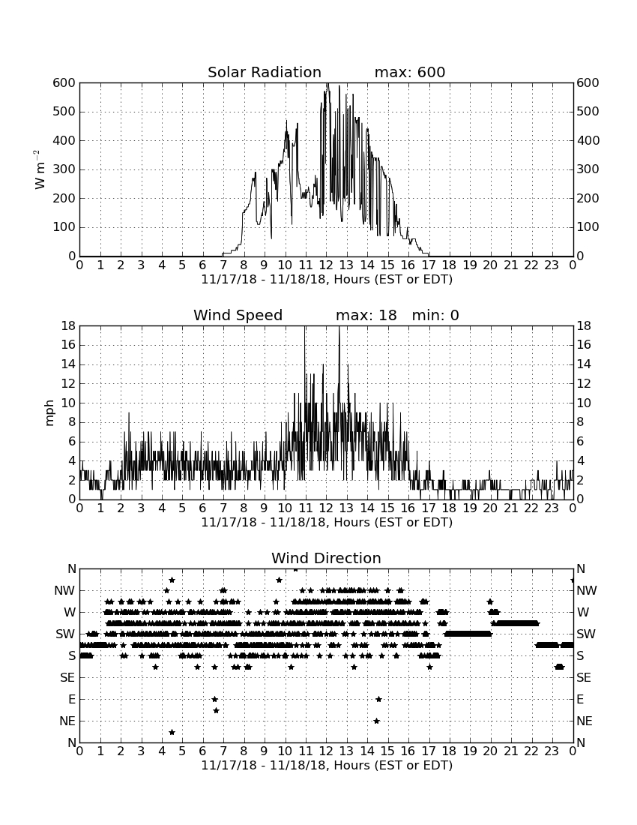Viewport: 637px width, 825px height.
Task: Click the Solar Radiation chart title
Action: [x=265, y=72]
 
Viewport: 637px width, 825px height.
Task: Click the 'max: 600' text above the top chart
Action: [x=410, y=72]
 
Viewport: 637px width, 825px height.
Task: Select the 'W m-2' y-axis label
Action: [x=40, y=169]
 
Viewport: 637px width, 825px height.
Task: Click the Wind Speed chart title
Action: [x=238, y=315]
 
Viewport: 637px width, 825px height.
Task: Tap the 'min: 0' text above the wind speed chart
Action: [x=435, y=315]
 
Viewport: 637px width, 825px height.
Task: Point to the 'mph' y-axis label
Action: [x=49, y=413]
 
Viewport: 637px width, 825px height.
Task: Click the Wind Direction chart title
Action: [x=326, y=558]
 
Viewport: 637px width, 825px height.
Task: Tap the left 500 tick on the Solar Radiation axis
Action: [x=64, y=112]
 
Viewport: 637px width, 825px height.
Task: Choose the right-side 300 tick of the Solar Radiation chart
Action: [x=588, y=169]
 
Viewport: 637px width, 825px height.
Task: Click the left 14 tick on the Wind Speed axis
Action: [x=69, y=364]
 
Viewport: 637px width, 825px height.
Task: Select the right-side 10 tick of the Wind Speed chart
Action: [x=584, y=403]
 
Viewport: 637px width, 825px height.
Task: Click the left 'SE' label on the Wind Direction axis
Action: [x=67, y=678]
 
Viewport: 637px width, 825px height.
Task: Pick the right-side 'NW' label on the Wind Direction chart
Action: [x=587, y=590]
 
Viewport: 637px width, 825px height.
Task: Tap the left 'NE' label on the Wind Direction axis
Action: [x=67, y=721]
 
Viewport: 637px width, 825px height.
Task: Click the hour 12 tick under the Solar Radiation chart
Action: [x=326, y=265]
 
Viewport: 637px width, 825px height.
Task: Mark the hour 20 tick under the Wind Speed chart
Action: [x=490, y=508]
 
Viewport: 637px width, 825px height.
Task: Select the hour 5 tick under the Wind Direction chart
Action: [x=182, y=751]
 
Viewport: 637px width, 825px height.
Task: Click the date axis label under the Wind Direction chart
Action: [x=327, y=765]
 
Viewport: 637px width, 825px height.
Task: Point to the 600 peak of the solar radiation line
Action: [x=327, y=83]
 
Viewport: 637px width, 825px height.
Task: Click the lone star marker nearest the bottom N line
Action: [x=172, y=732]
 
